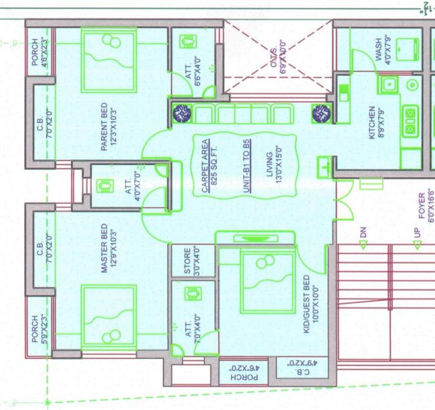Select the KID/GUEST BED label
coord(306,304)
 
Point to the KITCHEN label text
coord(372,122)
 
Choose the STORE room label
coord(188,262)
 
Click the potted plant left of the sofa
coord(182,114)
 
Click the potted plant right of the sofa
coord(321,114)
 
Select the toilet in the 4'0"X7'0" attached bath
coord(104,186)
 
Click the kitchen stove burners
coord(410,121)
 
